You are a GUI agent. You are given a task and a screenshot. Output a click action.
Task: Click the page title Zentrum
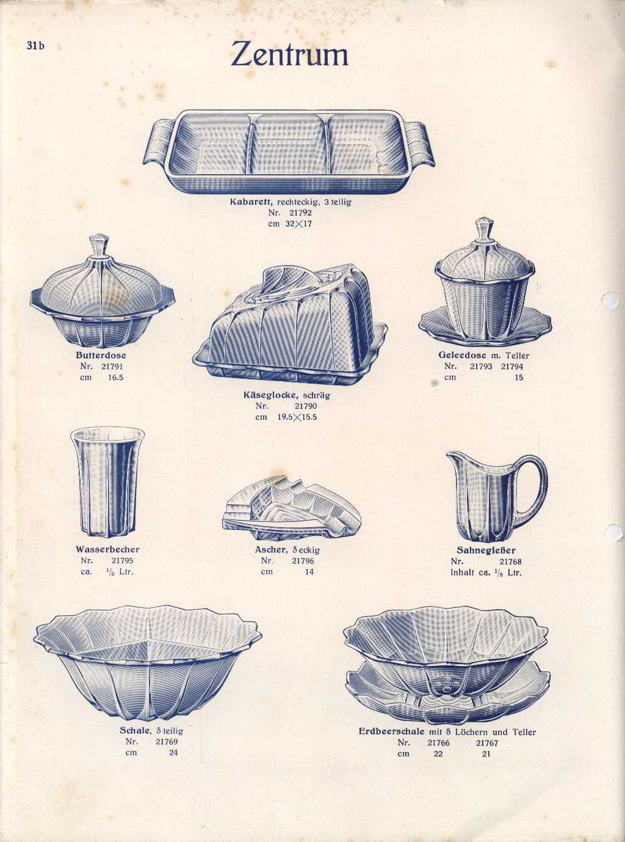pos(289,55)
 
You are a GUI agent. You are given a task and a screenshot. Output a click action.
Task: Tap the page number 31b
pos(35,46)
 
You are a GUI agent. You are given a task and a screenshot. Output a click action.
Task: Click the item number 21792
pos(300,213)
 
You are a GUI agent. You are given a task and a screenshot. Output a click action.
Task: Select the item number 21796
pos(303,561)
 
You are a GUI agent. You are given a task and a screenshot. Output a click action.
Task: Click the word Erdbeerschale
pos(392,731)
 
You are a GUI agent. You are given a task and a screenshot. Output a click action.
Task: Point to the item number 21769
pos(167,741)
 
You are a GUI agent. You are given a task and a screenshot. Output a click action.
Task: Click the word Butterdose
pos(101,356)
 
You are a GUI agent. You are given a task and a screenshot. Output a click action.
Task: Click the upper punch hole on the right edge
pos(610,299)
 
